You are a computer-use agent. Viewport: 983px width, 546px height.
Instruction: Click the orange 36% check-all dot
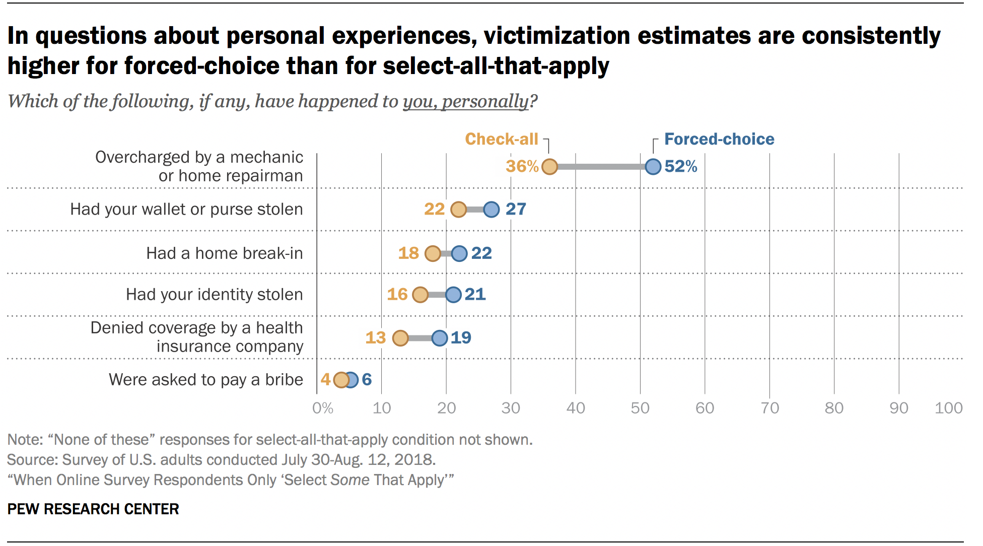tap(549, 166)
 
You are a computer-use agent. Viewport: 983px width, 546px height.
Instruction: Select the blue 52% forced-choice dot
tap(653, 166)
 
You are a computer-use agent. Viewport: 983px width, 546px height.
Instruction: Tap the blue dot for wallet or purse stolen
tap(491, 209)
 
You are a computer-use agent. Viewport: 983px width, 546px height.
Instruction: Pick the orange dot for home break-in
tap(433, 253)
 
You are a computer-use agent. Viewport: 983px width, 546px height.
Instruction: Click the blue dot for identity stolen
tap(453, 295)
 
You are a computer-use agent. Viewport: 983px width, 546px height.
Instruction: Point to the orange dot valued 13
tap(400, 338)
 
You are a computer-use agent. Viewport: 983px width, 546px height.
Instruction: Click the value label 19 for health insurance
tap(461, 337)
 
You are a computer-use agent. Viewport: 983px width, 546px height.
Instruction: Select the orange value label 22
tap(434, 209)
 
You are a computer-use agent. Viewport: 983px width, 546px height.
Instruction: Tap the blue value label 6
tap(367, 379)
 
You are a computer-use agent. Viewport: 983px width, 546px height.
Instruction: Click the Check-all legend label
tap(502, 139)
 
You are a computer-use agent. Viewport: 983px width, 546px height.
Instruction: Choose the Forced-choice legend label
tap(719, 139)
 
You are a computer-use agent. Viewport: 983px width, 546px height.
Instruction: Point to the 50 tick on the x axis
tap(640, 408)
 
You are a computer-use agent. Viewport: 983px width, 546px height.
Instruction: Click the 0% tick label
tap(323, 408)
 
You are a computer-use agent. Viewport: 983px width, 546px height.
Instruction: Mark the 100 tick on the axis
tap(948, 408)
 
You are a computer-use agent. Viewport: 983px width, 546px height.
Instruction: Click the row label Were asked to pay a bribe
tap(206, 379)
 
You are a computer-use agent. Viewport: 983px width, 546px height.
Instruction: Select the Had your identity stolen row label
tap(214, 295)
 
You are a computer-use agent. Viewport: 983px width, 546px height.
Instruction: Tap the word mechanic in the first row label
tap(266, 157)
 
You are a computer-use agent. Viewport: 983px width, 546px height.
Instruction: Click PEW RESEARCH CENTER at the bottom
tap(93, 509)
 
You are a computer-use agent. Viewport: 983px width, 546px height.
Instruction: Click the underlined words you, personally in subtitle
tap(465, 101)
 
